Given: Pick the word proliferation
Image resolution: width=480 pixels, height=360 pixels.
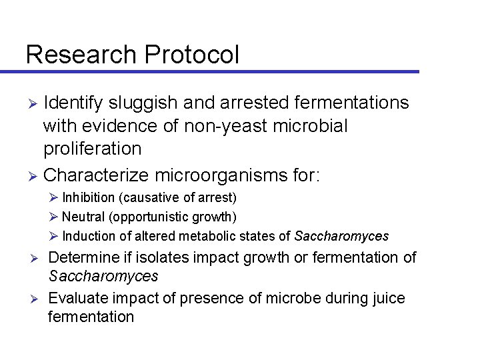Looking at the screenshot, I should click(x=92, y=148).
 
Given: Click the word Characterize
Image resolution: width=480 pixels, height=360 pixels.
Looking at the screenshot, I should click(x=95, y=175).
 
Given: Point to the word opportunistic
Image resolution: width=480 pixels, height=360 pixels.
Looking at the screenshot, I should click(x=157, y=217).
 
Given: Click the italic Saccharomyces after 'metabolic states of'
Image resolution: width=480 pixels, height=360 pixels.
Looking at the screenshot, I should click(x=341, y=236).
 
